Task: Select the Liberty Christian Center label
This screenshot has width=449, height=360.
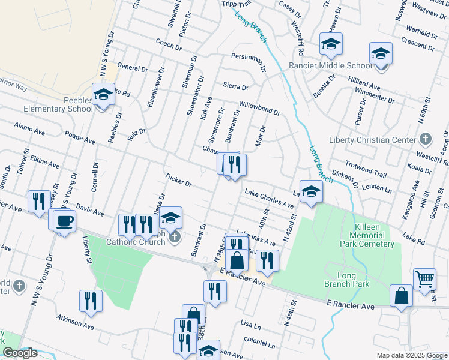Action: [372, 140]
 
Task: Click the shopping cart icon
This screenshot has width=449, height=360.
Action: [424, 278]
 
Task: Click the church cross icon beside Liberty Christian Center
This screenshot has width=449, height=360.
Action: [425, 140]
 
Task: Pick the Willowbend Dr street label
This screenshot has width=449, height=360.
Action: [259, 107]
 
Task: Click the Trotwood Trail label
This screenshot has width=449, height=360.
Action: [366, 169]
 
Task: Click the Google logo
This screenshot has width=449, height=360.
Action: [20, 353]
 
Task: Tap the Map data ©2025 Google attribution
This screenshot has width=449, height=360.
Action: [412, 355]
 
